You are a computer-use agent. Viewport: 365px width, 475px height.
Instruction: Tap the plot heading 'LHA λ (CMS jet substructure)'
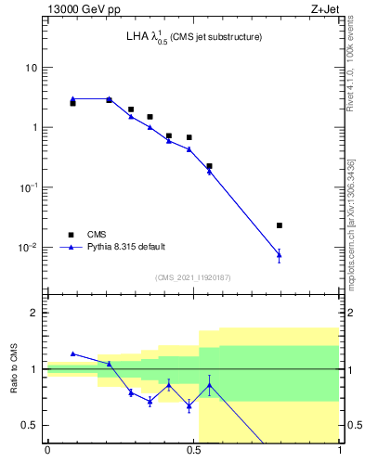[194, 37]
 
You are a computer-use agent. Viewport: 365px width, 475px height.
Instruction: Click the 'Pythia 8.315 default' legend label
[126, 247]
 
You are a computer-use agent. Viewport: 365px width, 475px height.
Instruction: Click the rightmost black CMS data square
[280, 225]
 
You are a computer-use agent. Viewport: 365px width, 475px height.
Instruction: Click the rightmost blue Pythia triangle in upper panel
[280, 254]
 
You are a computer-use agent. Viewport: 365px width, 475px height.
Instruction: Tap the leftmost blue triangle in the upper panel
[72, 98]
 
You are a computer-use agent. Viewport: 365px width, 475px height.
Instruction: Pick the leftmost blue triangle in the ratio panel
[72, 353]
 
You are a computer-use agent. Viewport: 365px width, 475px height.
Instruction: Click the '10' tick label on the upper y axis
[32, 68]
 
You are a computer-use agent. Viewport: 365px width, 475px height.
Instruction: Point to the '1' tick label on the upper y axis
[34, 127]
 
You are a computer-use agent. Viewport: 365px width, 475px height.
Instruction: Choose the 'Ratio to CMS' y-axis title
[14, 368]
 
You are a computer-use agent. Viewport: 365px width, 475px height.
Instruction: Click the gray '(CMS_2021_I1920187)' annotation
[193, 276]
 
